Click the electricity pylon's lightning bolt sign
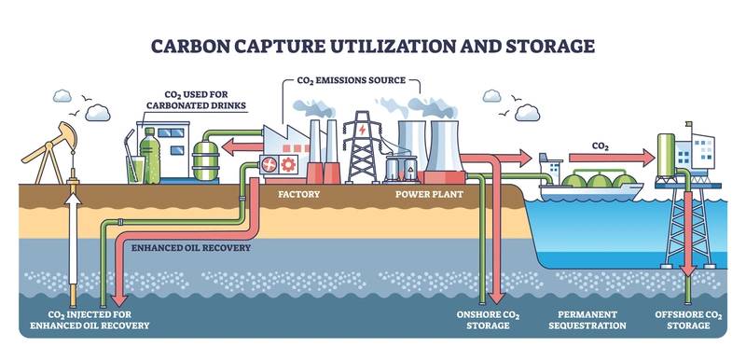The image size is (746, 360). pyautogui.click(x=363, y=130)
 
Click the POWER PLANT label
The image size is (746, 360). pyautogui.click(x=429, y=195)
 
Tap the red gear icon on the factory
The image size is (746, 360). pyautogui.click(x=288, y=164)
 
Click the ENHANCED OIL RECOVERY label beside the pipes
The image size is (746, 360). pyautogui.click(x=191, y=248)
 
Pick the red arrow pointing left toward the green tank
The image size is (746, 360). pyautogui.click(x=242, y=147)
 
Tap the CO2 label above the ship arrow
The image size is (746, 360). pyautogui.click(x=601, y=146)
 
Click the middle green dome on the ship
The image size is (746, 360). pyautogui.click(x=601, y=181)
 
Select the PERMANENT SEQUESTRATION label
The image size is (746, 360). pyautogui.click(x=587, y=320)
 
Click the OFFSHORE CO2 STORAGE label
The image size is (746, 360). pyautogui.click(x=688, y=320)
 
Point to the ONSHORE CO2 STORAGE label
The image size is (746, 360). pyautogui.click(x=488, y=320)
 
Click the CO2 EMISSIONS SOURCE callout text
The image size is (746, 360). pyautogui.click(x=352, y=80)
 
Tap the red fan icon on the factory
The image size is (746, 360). pyautogui.click(x=269, y=164)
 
